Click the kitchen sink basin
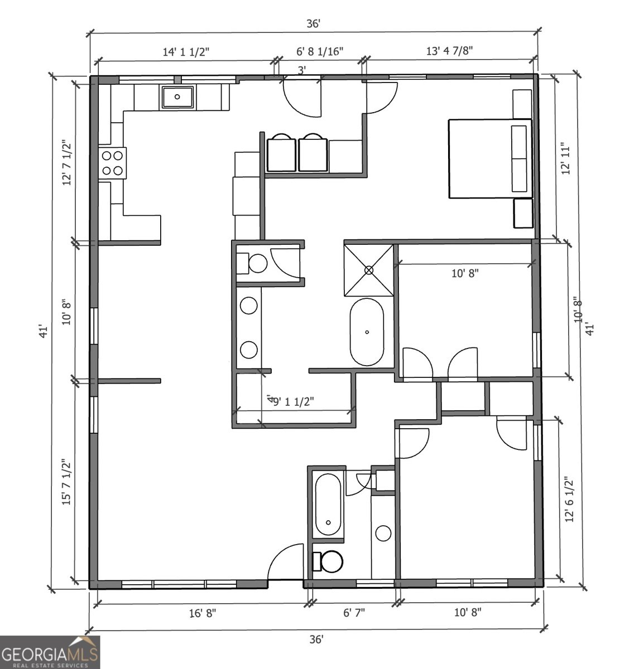(x=177, y=97)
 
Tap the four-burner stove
(x=112, y=163)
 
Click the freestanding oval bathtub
(x=367, y=332)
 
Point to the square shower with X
(x=368, y=270)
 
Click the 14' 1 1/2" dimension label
(x=186, y=52)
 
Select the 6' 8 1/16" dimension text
(x=320, y=51)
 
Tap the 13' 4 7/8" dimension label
(x=450, y=51)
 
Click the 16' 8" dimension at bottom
(x=203, y=613)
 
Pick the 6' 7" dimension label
(x=354, y=613)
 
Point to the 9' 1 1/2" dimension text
(x=294, y=402)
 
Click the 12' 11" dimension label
(x=565, y=158)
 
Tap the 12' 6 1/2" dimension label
(x=569, y=500)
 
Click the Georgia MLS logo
(x=50, y=652)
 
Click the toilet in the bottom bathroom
(x=328, y=561)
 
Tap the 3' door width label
(x=302, y=70)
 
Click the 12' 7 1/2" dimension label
(x=67, y=163)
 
